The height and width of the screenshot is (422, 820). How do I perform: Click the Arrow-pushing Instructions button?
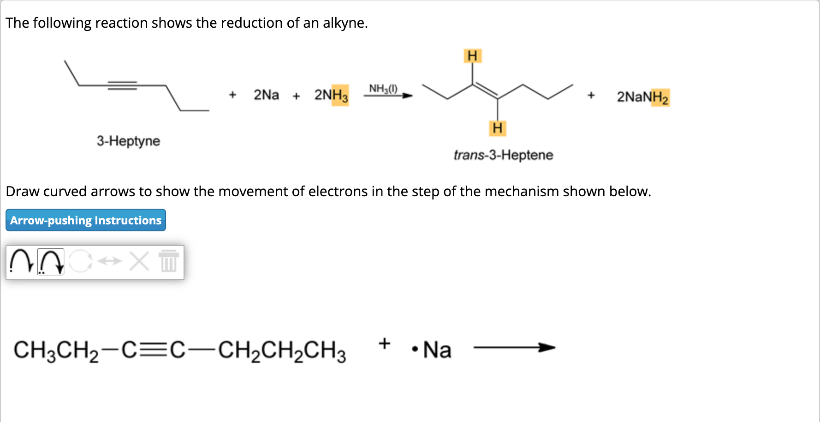(86, 220)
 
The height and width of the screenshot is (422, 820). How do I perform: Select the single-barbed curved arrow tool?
(21, 262)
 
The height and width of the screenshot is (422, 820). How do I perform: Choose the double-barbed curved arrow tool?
(50, 262)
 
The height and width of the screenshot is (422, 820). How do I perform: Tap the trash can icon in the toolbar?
(169, 261)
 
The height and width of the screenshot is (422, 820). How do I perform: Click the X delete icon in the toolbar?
(139, 261)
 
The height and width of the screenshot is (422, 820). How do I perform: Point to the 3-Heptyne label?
(128, 141)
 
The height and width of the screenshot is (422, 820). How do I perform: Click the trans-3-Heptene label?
(503, 155)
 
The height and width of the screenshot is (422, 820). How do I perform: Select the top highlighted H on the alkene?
(472, 56)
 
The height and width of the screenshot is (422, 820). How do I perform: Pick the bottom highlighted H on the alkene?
(497, 128)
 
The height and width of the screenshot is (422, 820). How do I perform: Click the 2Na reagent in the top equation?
(266, 95)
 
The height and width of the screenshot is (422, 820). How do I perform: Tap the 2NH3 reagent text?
(331, 95)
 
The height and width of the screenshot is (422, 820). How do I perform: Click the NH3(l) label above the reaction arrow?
(383, 88)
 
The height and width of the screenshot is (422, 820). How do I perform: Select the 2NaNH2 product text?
(642, 97)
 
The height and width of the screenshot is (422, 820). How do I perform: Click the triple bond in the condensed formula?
(154, 350)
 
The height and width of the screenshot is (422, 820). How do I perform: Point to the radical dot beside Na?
(415, 350)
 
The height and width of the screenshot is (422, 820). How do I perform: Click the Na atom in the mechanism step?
(437, 350)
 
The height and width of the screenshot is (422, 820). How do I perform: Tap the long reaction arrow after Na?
(514, 348)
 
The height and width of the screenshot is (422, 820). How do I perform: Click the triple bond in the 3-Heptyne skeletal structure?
(122, 85)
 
